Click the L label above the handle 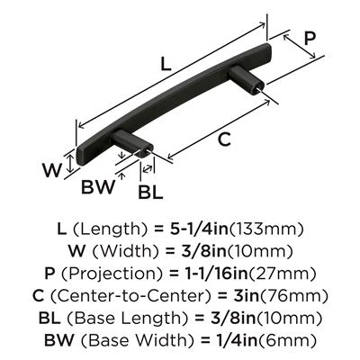coord(166,64)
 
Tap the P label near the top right coord(310,39)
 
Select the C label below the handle coord(224,139)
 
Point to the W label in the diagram coord(52,170)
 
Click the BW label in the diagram coord(98,187)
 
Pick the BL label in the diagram coord(150,193)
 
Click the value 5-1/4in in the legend coord(196,229)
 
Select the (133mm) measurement coord(266,229)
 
